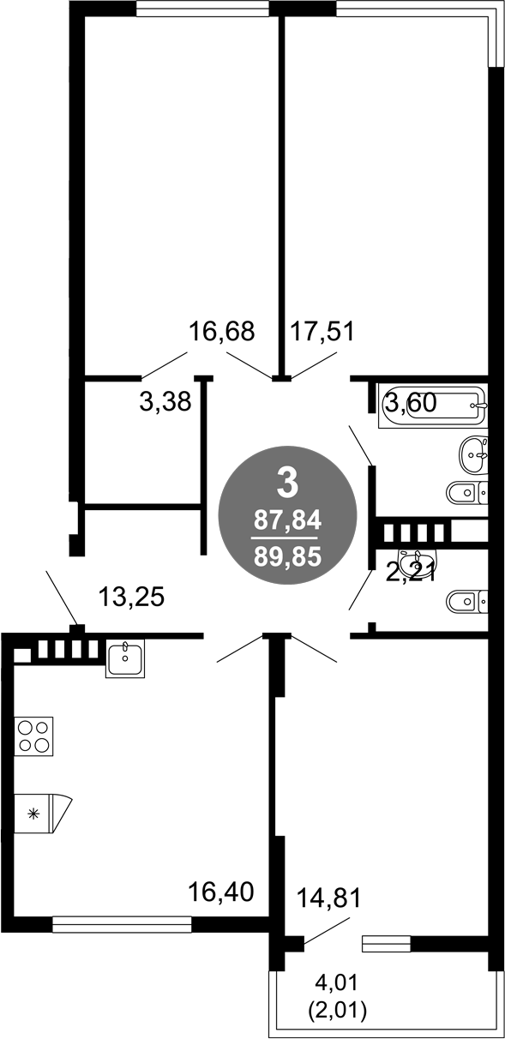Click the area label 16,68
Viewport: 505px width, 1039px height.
click(222, 332)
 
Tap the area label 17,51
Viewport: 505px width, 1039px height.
click(322, 332)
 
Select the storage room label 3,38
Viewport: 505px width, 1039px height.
click(165, 401)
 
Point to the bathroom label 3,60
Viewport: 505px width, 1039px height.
click(411, 402)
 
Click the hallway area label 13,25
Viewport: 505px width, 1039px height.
click(132, 597)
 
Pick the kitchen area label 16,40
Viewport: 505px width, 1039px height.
click(220, 892)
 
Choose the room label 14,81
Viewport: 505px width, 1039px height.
click(328, 898)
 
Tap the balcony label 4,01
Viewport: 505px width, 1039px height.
click(336, 982)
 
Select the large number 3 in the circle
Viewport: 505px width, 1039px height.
click(287, 482)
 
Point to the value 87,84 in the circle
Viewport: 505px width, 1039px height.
click(287, 520)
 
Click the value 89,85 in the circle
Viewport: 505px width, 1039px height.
click(287, 556)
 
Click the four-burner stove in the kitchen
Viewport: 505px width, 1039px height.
click(33, 736)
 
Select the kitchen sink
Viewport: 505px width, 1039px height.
click(124, 658)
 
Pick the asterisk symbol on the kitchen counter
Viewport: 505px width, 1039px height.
click(33, 814)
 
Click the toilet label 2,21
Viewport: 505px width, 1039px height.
click(411, 574)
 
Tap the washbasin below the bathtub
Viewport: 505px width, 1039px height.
click(473, 455)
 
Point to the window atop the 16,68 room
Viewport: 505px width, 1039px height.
click(202, 9)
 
